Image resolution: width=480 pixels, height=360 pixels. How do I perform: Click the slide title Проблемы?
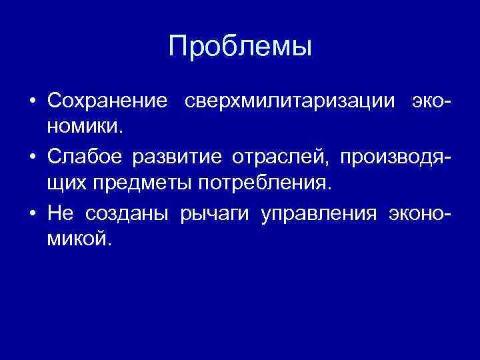240,47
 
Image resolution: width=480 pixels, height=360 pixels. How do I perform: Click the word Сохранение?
107,101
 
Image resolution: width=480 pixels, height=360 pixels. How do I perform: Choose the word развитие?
179,158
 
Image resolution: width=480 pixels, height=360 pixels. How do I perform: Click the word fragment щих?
65,181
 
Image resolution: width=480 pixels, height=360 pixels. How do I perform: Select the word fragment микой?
76,238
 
